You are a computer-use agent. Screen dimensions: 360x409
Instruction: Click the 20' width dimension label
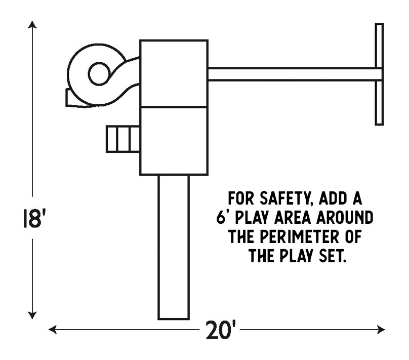[x=221, y=332]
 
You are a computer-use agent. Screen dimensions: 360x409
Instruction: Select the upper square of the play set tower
[x=174, y=73]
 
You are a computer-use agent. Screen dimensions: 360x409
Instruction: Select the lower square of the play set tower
[x=174, y=141]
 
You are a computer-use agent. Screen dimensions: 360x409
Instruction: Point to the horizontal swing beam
[x=294, y=74]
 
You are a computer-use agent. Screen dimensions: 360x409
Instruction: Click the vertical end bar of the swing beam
[x=379, y=74]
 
